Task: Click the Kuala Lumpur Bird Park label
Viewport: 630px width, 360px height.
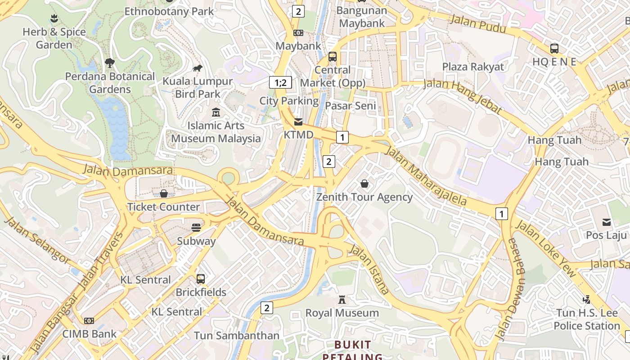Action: click(198, 88)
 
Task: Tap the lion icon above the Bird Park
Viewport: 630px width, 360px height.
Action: click(198, 68)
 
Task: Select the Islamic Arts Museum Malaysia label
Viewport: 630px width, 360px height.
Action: click(216, 132)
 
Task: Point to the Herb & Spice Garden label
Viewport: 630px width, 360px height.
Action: click(54, 38)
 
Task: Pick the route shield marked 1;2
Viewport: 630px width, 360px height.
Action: click(280, 82)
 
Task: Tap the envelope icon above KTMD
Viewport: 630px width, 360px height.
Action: click(298, 122)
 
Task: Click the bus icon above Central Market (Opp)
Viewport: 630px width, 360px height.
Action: click(333, 57)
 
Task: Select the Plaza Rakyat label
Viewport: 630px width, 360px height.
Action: click(473, 67)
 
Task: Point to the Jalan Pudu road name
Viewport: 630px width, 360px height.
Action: click(477, 24)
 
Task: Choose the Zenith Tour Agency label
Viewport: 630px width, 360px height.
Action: click(364, 197)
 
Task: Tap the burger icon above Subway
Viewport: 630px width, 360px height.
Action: click(196, 228)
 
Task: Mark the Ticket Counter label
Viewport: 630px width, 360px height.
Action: click(163, 207)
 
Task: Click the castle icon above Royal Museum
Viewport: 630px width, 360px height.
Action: click(342, 300)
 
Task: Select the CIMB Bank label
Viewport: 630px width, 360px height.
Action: click(89, 334)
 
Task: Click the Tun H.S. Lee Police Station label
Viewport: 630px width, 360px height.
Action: click(587, 319)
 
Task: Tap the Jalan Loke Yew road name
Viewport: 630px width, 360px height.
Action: click(545, 248)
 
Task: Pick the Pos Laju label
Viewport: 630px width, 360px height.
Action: click(606, 235)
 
